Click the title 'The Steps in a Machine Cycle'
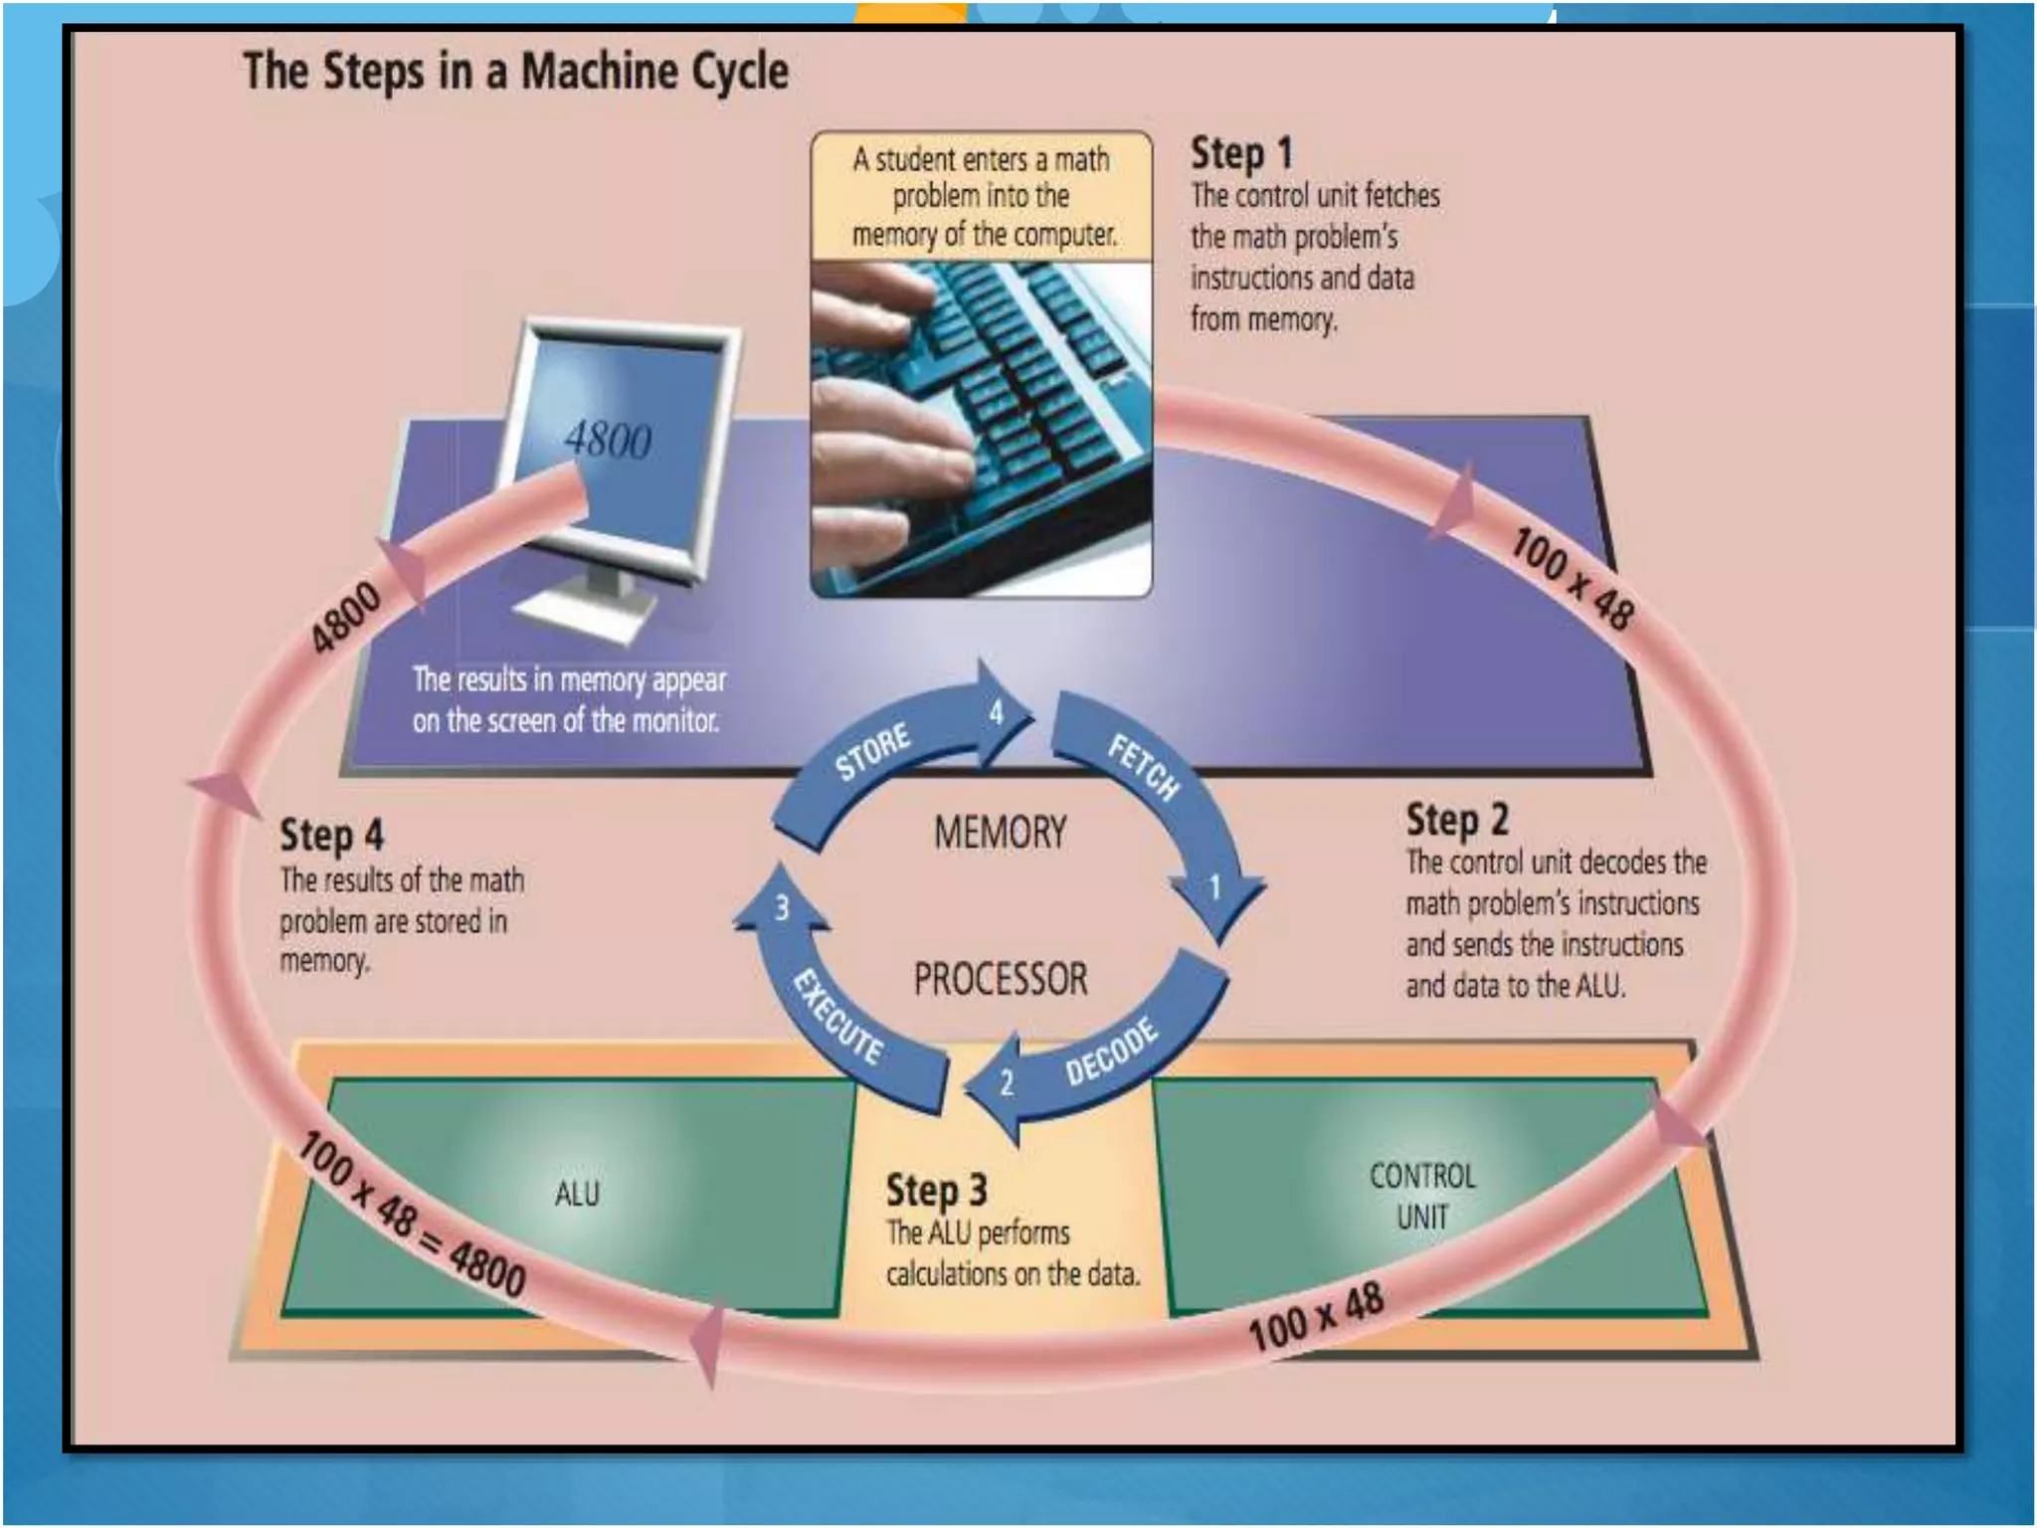pyautogui.click(x=515, y=72)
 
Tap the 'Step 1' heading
pyautogui.click(x=1241, y=154)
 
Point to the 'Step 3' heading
pyautogui.click(x=936, y=1191)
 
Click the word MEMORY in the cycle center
pyautogui.click(x=1000, y=833)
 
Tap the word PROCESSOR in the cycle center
pyautogui.click(x=1001, y=980)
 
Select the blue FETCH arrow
pyautogui.click(x=1154, y=786)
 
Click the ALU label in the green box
pyautogui.click(x=577, y=1194)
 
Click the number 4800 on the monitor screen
pyautogui.click(x=608, y=439)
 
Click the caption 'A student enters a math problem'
pyautogui.click(x=982, y=196)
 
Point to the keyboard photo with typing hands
pyautogui.click(x=982, y=428)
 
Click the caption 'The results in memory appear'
pyautogui.click(x=568, y=699)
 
